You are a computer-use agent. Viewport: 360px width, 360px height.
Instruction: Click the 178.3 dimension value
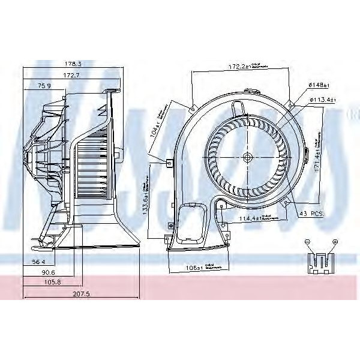pyautogui.click(x=73, y=63)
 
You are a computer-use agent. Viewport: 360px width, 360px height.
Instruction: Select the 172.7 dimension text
pyautogui.click(x=73, y=74)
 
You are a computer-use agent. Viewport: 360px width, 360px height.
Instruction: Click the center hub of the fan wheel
pyautogui.click(x=247, y=158)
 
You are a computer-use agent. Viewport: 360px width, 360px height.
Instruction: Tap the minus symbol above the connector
pyautogui.click(x=307, y=241)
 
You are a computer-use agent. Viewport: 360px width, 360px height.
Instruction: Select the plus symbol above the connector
pyautogui.click(x=335, y=241)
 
